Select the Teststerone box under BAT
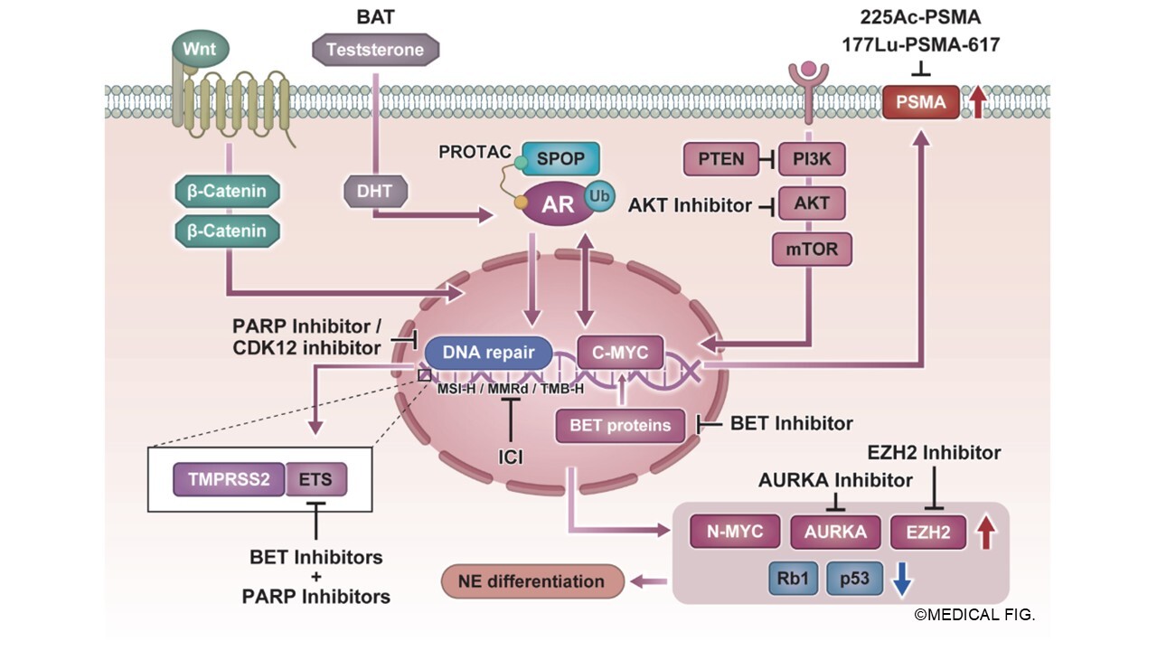click(x=374, y=50)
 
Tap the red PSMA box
click(x=919, y=102)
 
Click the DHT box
click(x=375, y=191)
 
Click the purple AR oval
click(x=558, y=204)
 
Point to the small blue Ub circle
click(x=598, y=196)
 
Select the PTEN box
click(x=720, y=160)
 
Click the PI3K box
click(x=812, y=160)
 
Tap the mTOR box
click(x=812, y=249)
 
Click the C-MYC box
click(x=619, y=353)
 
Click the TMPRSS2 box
click(x=228, y=479)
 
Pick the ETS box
click(x=315, y=479)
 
